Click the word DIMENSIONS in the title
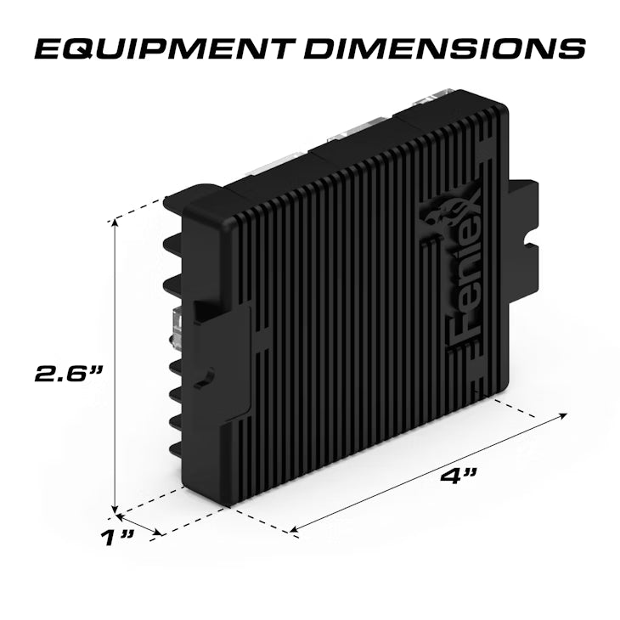point(443,48)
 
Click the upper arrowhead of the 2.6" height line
point(114,223)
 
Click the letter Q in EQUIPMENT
point(70,48)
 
